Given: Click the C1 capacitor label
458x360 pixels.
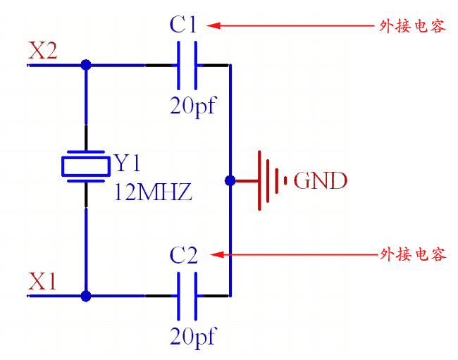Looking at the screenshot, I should click(x=183, y=25).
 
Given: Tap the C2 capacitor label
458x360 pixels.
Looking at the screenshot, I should click(x=184, y=255).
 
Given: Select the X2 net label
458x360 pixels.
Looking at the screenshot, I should click(x=43, y=51).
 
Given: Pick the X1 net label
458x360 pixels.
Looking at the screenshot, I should click(x=42, y=282).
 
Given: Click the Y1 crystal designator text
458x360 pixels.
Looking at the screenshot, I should click(x=128, y=163).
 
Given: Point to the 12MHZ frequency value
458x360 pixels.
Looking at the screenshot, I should click(x=153, y=192).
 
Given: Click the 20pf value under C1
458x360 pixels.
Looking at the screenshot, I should click(x=192, y=106).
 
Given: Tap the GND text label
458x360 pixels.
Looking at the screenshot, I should click(x=321, y=181).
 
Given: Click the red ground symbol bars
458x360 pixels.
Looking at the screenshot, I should click(x=272, y=180).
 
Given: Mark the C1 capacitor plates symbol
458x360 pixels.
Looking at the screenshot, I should click(x=187, y=65).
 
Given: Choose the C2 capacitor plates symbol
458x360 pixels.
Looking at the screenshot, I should click(x=187, y=296).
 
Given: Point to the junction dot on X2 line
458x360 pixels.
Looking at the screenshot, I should click(x=86, y=65).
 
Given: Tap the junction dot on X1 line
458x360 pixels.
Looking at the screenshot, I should click(x=86, y=296).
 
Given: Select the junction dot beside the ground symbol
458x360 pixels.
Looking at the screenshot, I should click(x=230, y=180).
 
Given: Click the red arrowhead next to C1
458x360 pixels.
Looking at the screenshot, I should click(x=214, y=25).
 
